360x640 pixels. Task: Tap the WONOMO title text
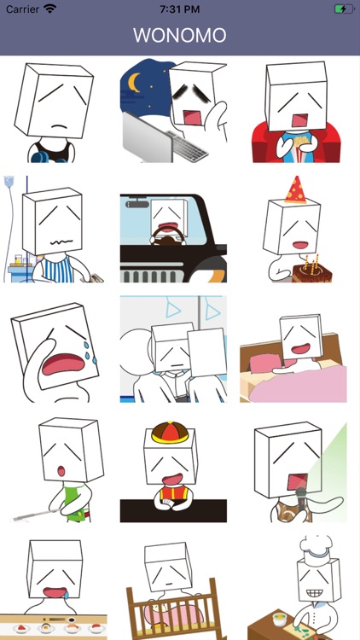pos(180,35)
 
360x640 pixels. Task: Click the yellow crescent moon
pos(133,82)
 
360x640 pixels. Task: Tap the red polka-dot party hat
pos(296,189)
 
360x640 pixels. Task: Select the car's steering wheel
pos(168,236)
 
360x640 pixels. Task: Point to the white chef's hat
pos(316,550)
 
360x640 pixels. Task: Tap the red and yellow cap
pos(171,433)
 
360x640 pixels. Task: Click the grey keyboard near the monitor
pos(187,146)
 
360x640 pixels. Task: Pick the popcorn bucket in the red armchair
pos(300,148)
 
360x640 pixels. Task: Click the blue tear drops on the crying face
pos(90,352)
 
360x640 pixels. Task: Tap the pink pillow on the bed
pos(266,362)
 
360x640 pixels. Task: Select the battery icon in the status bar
pos(345,9)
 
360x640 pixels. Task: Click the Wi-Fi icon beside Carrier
pos(50,9)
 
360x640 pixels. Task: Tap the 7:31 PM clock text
pos(180,9)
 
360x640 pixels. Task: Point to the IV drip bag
pos(9,183)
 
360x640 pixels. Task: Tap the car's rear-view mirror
pos(137,204)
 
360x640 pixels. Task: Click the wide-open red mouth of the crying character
pos(63,364)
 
